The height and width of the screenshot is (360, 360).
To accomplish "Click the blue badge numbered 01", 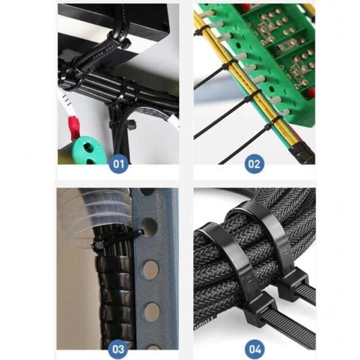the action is tap(118, 164).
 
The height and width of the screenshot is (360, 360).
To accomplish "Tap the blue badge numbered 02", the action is tap(254, 164).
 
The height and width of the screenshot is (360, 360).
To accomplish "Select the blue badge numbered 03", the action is tap(118, 349).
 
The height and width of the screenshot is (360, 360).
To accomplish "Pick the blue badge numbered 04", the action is tap(255, 349).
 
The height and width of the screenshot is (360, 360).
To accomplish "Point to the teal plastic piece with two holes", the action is tap(88, 150).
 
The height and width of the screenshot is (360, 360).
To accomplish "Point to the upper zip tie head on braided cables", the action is tap(293, 285).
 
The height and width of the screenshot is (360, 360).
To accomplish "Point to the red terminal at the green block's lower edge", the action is tap(311, 92).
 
